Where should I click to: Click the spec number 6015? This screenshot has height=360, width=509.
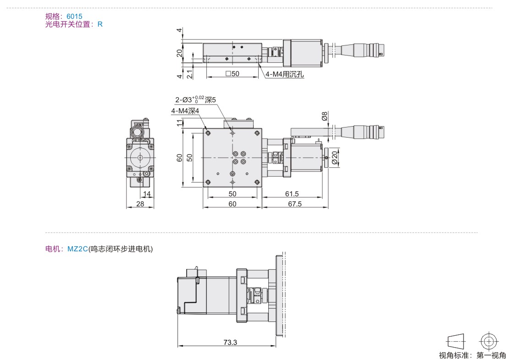[x=74, y=16]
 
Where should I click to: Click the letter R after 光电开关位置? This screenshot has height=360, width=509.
[x=100, y=24]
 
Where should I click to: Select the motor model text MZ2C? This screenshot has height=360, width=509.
[x=77, y=249]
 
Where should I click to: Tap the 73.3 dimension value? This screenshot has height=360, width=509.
[x=230, y=342]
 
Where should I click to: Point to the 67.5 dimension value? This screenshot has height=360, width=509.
[x=295, y=204]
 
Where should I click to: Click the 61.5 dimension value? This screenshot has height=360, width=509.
[x=292, y=194]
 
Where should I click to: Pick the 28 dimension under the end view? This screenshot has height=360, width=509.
[x=140, y=204]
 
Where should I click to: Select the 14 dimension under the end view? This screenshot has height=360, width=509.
[x=147, y=194]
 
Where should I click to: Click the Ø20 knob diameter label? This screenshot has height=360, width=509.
[x=334, y=157]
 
